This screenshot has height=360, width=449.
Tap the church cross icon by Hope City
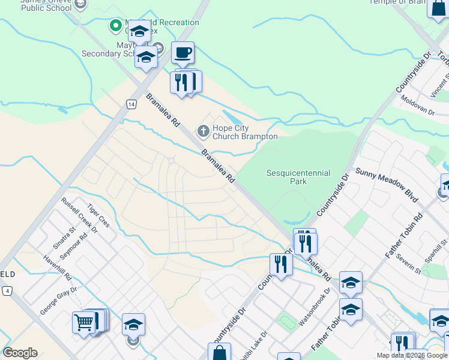pos(203,130)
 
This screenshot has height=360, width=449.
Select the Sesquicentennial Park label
pos(298,177)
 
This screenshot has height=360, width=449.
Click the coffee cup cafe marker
pos(182,53)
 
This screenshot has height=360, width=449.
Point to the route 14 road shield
pos(131,104)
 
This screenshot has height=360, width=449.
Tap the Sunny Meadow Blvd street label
pos(386,181)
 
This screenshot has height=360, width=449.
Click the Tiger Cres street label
pos(98,215)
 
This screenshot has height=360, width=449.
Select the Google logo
pos(20,353)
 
